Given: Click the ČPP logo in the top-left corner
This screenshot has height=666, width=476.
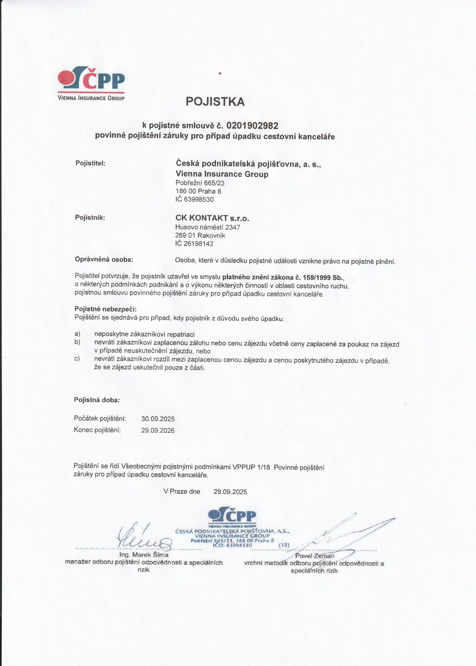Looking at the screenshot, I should [x=91, y=83].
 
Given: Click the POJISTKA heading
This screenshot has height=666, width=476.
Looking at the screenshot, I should [x=215, y=102].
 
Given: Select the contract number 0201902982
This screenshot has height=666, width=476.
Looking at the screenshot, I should [x=252, y=125].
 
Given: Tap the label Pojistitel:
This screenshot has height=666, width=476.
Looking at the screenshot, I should [x=90, y=163].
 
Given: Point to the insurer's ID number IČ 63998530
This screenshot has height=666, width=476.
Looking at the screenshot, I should [x=194, y=199].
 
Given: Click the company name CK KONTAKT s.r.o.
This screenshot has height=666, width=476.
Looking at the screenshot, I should [x=212, y=218].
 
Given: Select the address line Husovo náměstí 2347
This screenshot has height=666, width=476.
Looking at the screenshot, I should [x=207, y=228].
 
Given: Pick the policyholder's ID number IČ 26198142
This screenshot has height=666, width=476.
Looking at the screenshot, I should [x=194, y=244].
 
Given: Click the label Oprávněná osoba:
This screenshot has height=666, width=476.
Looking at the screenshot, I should [x=104, y=259].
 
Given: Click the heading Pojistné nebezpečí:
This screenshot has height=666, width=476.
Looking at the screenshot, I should [x=105, y=309].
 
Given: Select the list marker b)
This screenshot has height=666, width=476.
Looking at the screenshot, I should [x=77, y=342].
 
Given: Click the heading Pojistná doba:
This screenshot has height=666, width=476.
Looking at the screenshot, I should [x=97, y=400].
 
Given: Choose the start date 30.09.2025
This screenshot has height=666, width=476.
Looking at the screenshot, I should [x=158, y=419].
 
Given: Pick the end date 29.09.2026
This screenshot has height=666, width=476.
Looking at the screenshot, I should [x=158, y=430].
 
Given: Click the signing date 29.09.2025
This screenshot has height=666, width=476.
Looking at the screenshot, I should [x=230, y=492].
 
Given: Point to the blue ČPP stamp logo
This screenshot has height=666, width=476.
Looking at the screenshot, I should [x=232, y=516].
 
